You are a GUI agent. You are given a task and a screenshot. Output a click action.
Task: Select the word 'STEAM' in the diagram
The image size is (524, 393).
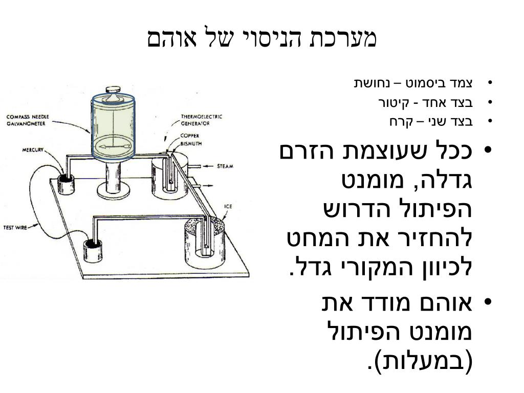225,166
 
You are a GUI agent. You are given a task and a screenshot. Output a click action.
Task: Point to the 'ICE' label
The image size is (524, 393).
228,207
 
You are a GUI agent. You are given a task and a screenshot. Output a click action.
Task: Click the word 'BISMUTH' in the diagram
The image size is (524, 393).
191,144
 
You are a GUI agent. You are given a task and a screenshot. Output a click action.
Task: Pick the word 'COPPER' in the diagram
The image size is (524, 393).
189,136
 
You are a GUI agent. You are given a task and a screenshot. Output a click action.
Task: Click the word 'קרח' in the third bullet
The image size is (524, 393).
400,122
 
